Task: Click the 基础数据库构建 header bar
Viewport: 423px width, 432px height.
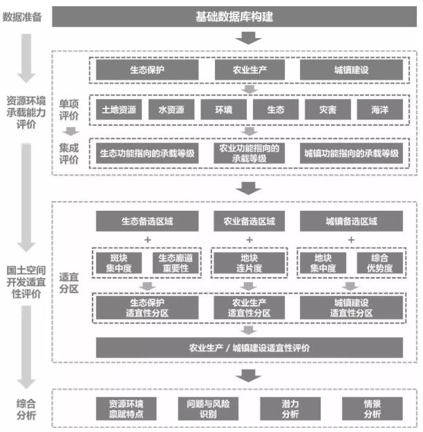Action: tap(234, 17)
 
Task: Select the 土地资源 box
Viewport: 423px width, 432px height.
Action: tap(119, 110)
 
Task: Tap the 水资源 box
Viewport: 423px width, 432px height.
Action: tap(171, 110)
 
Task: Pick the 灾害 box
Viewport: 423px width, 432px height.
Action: tap(328, 110)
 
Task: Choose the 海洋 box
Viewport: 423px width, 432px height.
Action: tap(379, 110)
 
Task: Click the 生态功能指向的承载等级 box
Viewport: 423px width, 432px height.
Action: tap(147, 153)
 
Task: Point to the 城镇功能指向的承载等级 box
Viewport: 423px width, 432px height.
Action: tap(351, 153)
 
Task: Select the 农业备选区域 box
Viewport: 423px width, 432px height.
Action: tap(249, 221)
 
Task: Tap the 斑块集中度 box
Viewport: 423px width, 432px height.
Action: tap(119, 263)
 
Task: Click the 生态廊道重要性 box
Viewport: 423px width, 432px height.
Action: tap(176, 263)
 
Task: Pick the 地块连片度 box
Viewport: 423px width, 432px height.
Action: tap(249, 263)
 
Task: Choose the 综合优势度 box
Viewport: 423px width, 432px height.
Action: tap(379, 263)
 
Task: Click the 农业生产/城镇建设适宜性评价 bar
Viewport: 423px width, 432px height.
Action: tap(249, 348)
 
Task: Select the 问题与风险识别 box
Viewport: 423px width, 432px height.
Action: tap(208, 409)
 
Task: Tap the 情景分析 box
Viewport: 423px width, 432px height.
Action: tap(373, 409)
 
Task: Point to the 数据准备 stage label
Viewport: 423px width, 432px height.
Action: tap(22, 17)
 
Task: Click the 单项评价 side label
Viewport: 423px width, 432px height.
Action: tap(69, 110)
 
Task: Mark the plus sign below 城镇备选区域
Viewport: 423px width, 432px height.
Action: tap(351, 240)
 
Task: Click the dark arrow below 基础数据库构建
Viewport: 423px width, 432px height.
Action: tap(249, 38)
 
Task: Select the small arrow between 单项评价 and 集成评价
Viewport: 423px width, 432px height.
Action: tap(70, 131)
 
